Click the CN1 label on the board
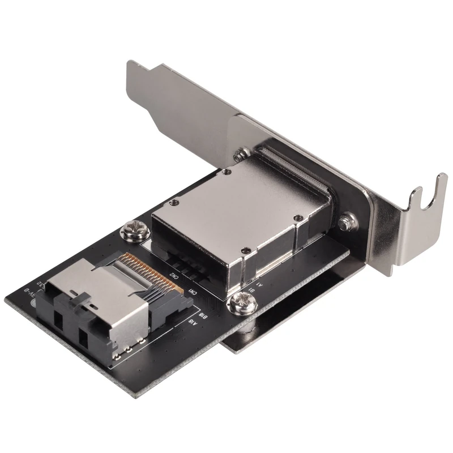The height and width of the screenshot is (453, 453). [193, 292]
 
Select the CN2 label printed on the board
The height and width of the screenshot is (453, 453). [176, 276]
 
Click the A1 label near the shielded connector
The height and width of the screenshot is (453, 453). [259, 281]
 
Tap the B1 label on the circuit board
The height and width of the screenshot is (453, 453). [251, 289]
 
